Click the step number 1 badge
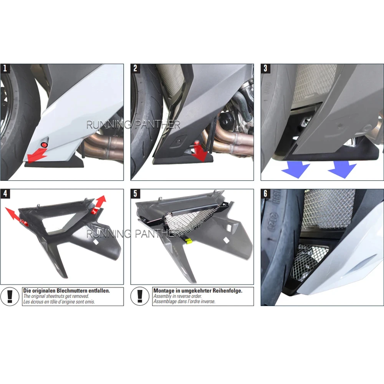5,69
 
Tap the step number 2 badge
135,69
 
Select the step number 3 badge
265,69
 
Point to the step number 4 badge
5,194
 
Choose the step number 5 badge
135,194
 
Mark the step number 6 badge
265,194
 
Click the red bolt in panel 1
44,145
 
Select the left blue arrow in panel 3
296,169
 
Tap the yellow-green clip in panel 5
188,241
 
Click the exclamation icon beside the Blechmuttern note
10,296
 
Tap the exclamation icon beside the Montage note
140,296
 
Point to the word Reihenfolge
227,291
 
